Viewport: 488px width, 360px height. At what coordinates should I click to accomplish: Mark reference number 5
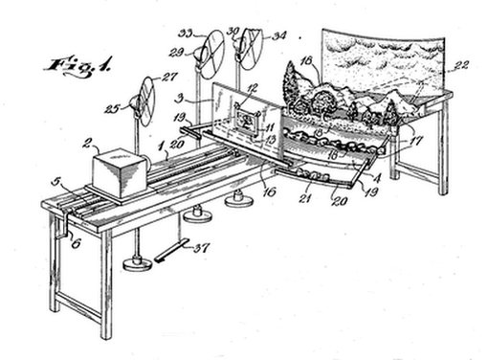click(x=58, y=180)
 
